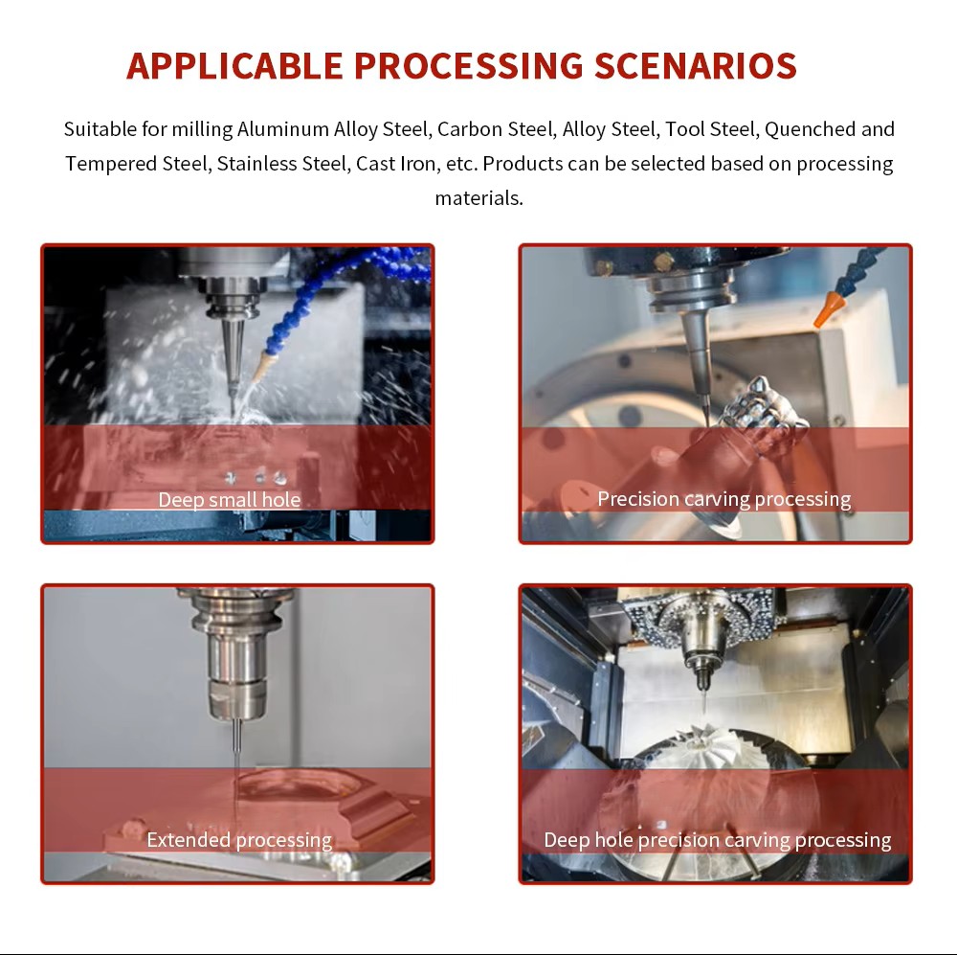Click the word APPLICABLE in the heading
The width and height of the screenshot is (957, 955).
(x=234, y=66)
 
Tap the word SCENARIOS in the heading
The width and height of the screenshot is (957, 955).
(x=696, y=66)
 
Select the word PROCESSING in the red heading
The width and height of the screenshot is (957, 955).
(x=469, y=66)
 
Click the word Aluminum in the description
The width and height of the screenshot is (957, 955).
(x=283, y=129)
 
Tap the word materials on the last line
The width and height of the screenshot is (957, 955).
(x=479, y=198)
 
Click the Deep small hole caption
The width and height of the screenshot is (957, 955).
(x=230, y=500)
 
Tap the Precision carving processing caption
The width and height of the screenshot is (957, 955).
(x=723, y=499)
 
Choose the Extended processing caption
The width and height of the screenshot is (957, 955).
(x=239, y=840)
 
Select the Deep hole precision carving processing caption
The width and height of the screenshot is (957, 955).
(x=717, y=840)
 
